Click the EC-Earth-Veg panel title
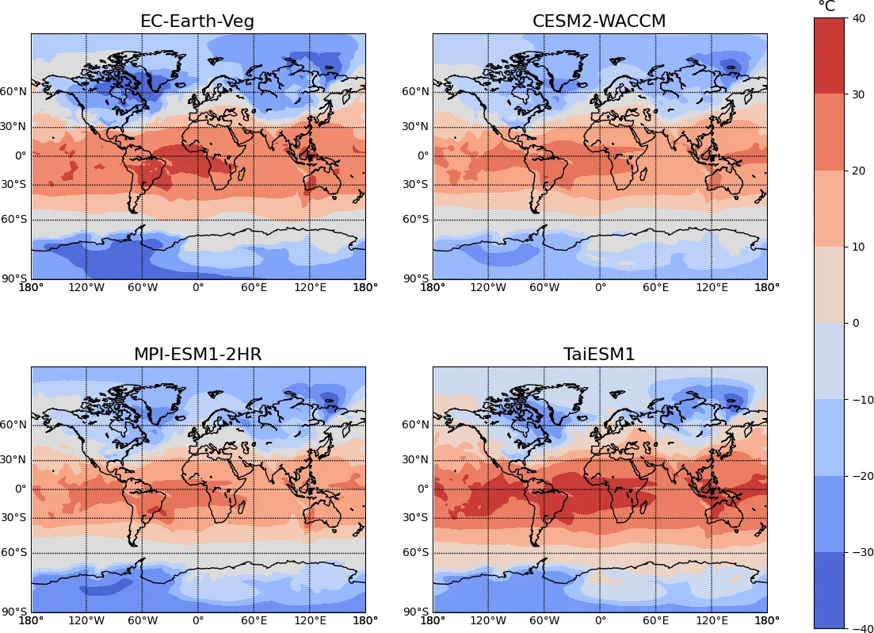[197, 21]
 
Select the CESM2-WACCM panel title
[599, 21]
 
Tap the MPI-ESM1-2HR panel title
[197, 355]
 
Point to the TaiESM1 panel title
[599, 355]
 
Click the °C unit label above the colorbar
[826, 7]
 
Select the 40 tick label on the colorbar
[857, 18]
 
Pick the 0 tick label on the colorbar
[854, 323]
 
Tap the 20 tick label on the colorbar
[857, 171]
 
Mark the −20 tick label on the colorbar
[861, 476]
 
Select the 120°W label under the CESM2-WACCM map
[488, 288]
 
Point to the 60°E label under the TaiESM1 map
[655, 621]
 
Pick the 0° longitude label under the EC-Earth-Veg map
[197, 288]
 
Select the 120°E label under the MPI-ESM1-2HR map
[310, 621]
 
